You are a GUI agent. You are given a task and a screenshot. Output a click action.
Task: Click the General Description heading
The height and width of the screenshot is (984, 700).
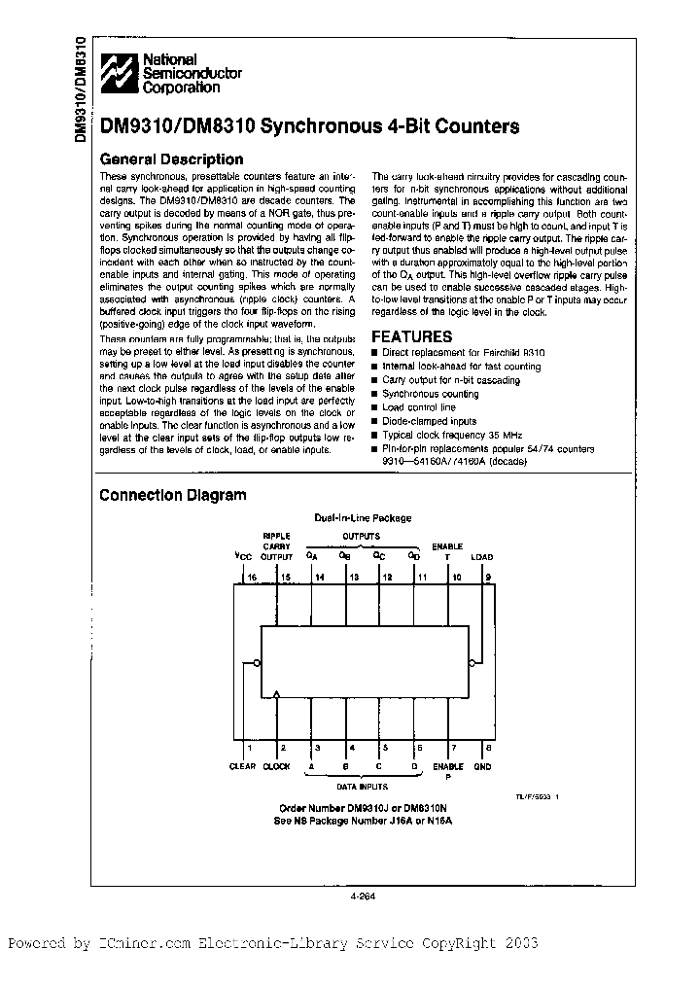coord(171,159)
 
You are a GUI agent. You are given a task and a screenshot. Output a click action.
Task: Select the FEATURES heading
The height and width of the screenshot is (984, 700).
coord(412,336)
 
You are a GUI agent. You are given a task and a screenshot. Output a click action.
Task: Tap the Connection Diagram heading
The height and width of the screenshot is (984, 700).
coord(172,495)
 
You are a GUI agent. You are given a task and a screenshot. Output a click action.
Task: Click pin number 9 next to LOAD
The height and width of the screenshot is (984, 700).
coord(488,577)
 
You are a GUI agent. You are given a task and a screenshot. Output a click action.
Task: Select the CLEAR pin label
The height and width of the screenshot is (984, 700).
coord(242,766)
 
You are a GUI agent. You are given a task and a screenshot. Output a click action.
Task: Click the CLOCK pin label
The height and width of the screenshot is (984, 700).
coord(277,766)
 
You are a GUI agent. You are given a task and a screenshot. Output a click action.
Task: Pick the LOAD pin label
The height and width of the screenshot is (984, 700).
coord(482,557)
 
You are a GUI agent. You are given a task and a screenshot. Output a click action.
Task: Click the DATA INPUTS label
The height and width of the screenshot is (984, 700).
coord(363,785)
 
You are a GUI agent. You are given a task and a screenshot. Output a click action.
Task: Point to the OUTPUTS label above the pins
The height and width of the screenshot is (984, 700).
coord(361,536)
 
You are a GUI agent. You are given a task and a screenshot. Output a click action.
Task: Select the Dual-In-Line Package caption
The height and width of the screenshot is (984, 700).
coord(363,518)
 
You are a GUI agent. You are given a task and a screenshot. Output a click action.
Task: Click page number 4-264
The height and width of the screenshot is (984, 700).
coord(363,898)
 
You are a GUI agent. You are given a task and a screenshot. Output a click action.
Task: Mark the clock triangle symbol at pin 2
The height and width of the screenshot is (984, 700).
coord(278,694)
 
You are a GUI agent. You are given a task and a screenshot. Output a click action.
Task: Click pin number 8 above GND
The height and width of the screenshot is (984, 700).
coord(488,749)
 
